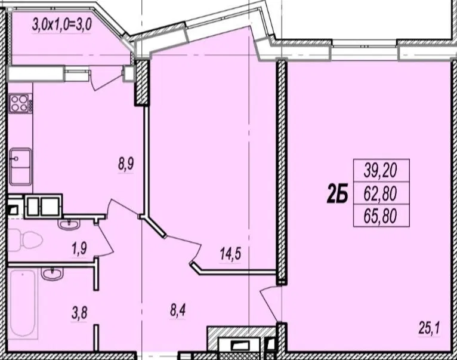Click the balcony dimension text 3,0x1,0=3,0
62,24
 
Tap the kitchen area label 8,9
126,164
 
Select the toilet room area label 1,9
79,249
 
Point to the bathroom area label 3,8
79,313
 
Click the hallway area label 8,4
178,310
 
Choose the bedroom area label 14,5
230,254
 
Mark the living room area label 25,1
430,328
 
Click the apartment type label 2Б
337,195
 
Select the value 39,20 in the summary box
381,170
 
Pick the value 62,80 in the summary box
381,193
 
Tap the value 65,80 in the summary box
381,216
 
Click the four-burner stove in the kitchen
20,103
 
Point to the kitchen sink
20,167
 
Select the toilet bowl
25,240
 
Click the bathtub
23,303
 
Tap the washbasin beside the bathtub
52,273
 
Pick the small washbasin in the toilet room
69,224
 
